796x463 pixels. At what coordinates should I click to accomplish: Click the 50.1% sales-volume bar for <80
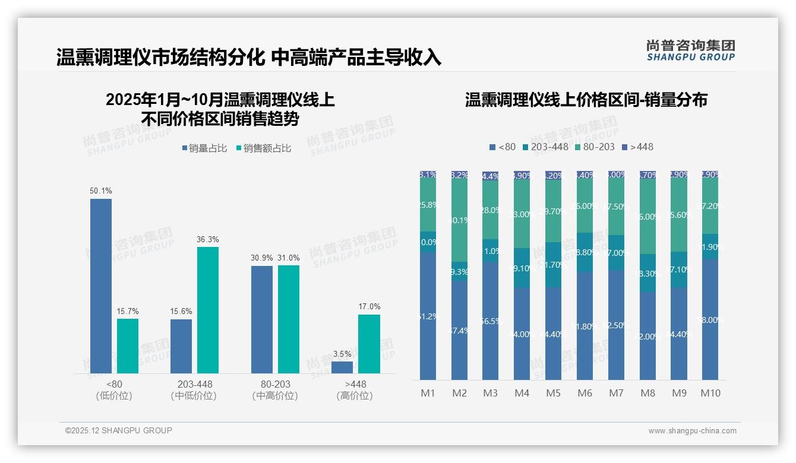coord(101,286)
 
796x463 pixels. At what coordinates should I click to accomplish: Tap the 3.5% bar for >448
coord(342,367)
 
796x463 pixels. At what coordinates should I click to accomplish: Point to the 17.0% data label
coord(369,306)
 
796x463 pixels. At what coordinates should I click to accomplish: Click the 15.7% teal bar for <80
coord(128,346)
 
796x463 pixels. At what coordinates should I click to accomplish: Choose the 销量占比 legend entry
coord(204,148)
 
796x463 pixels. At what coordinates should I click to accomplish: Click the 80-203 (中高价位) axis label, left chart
coord(274,390)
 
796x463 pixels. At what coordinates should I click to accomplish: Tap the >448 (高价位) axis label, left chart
coord(355,390)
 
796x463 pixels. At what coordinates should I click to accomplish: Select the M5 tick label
coord(553,393)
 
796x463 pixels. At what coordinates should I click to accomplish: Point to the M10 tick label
coord(710,393)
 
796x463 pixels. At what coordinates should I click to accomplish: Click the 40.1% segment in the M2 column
coord(459,220)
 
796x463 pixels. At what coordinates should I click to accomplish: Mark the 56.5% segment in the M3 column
coord(491,321)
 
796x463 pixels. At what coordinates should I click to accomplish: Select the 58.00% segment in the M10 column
coord(710,319)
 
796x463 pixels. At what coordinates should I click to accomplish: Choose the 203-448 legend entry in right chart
coord(545,147)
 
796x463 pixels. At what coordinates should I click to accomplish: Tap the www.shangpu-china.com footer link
coord(692,431)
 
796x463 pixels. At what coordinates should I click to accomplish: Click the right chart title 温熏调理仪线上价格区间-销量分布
coord(586,100)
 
